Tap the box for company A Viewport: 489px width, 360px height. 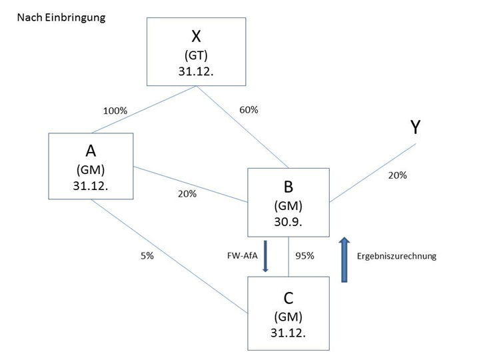coord(91,166)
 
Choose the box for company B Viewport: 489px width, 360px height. coord(288,202)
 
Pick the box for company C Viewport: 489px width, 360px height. coord(288,313)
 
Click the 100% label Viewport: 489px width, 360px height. coord(114,111)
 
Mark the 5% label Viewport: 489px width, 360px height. coord(147,255)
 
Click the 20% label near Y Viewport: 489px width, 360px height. coord(397,175)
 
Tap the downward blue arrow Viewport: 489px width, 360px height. coord(265,256)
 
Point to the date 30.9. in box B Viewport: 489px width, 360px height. coord(288,222)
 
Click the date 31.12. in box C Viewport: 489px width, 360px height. coord(288,333)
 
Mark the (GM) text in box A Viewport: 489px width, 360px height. coord(91,169)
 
